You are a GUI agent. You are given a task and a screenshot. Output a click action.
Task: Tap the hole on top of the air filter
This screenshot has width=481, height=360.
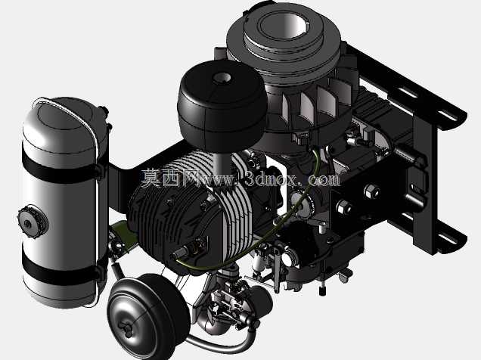tap(222, 77)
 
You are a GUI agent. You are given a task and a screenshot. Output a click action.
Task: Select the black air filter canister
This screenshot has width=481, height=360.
tap(222, 106)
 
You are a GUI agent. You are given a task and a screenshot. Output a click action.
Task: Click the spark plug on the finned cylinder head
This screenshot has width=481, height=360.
tap(184, 250)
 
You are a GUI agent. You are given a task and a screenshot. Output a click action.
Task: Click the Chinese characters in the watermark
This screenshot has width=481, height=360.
tap(170, 178)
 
